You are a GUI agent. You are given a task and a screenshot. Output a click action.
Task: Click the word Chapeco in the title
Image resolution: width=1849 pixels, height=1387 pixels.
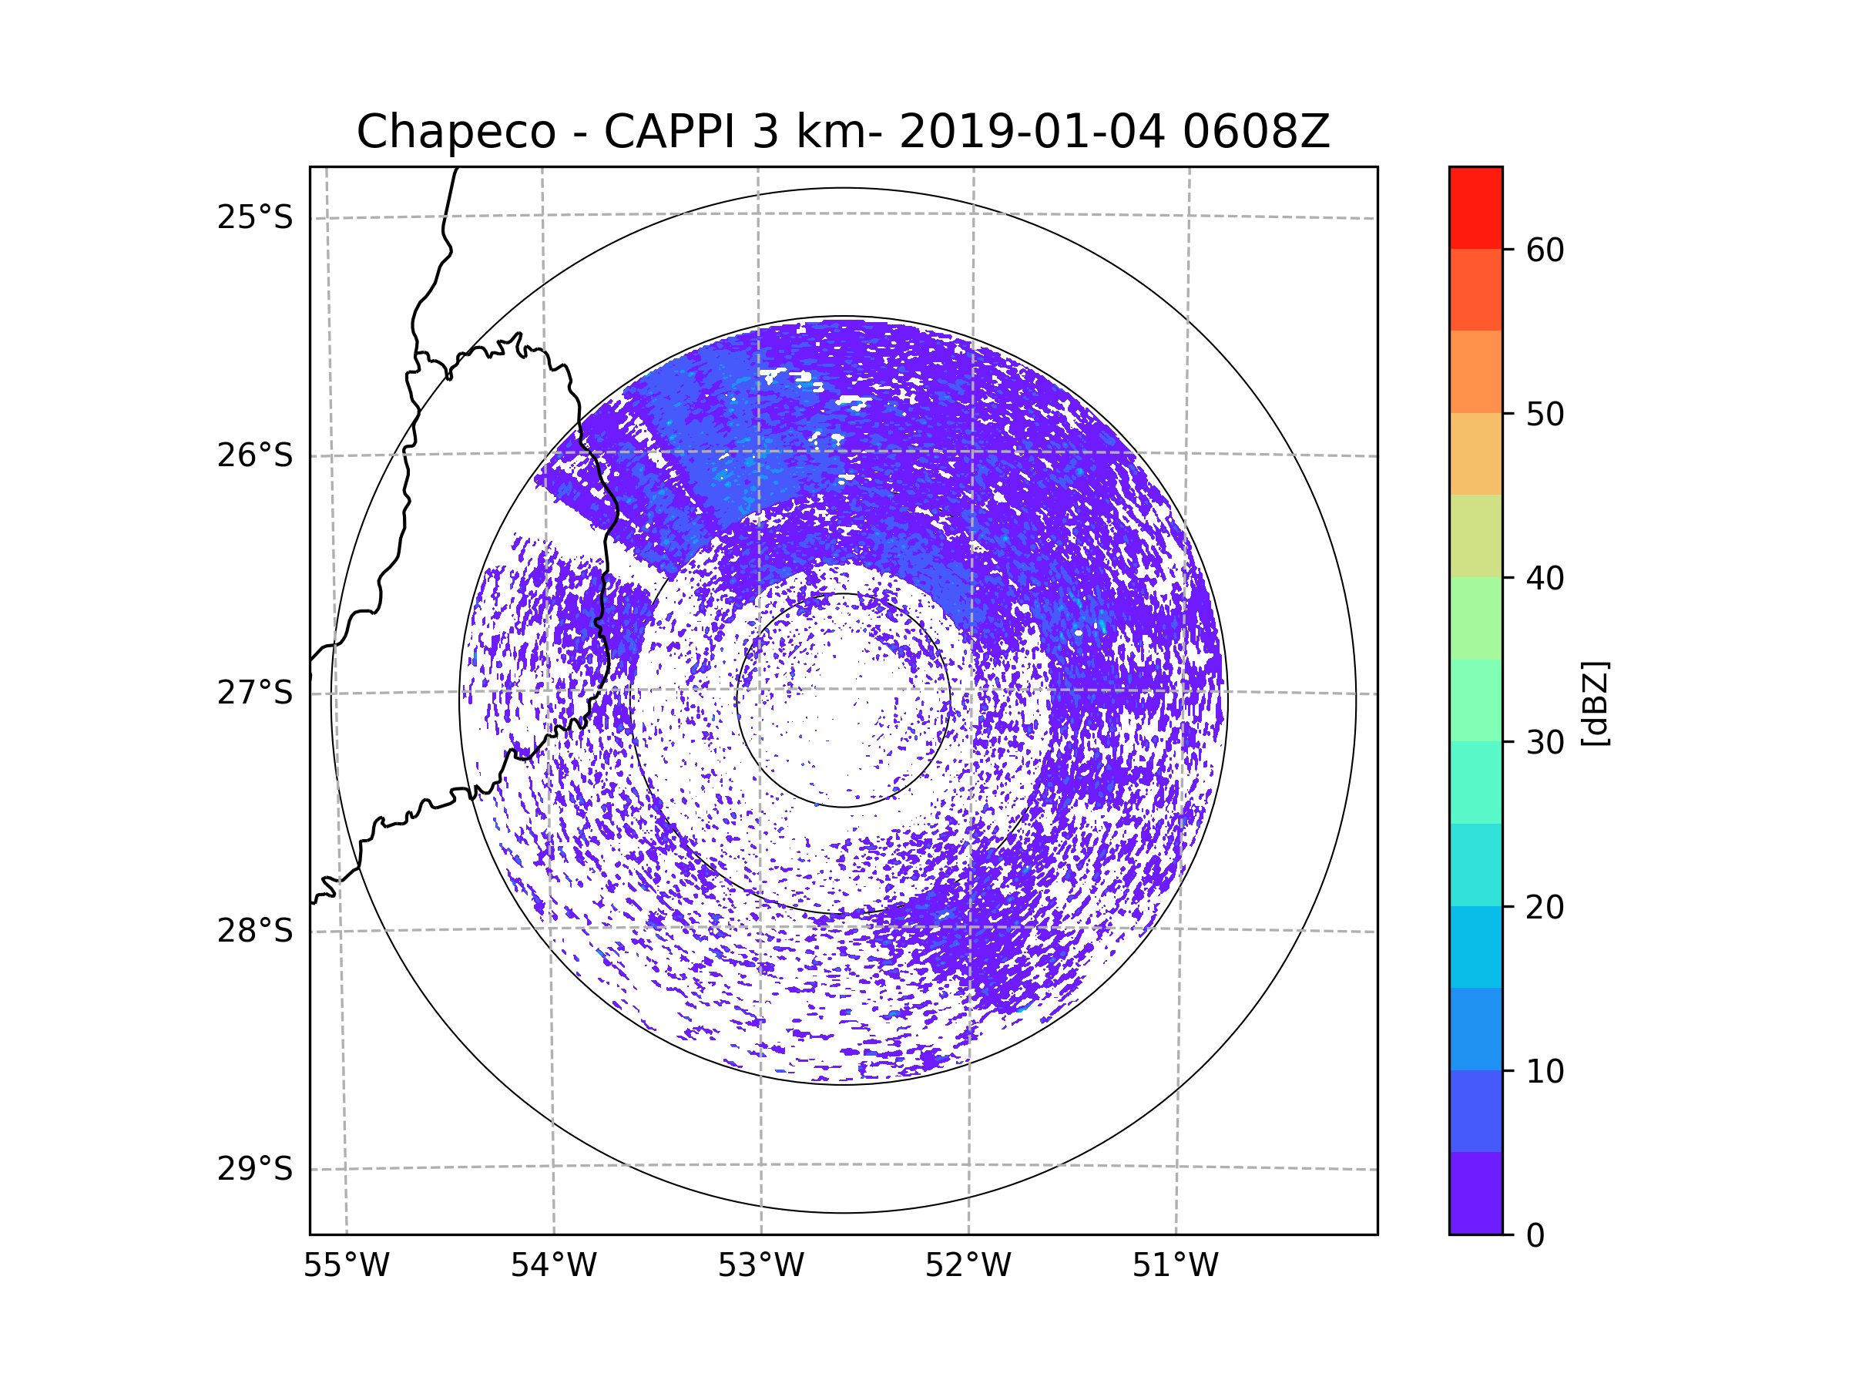pos(455,132)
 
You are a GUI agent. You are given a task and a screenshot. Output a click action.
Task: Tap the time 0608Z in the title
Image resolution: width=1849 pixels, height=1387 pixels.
pos(1255,132)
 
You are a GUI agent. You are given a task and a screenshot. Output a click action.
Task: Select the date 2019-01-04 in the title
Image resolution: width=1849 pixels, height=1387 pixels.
pos(1031,132)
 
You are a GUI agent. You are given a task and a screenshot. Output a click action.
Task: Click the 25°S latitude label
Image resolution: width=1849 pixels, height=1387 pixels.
pos(255,217)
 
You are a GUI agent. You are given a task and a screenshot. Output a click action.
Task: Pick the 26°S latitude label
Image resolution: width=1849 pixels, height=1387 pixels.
pos(255,455)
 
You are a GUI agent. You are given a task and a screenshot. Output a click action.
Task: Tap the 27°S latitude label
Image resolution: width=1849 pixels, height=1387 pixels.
pos(255,693)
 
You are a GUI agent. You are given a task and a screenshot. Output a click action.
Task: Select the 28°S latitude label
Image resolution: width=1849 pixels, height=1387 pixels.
pos(255,931)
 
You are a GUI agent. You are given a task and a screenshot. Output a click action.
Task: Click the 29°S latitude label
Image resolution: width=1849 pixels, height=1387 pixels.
pos(255,1169)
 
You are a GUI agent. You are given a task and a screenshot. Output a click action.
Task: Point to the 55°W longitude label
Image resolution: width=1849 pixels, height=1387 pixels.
pos(346,1266)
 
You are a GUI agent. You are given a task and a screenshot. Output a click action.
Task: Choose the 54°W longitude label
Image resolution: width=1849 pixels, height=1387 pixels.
pos(553,1266)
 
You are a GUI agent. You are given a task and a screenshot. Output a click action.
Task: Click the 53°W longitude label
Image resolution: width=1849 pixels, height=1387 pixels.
pos(760,1266)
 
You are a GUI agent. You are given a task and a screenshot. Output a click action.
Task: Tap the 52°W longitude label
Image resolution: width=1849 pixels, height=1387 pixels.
pos(968,1266)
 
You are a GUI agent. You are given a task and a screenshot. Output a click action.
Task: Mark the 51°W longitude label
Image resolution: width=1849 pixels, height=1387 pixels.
pos(1175,1266)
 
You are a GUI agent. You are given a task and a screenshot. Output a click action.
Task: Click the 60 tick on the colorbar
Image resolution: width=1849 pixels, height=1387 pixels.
pos(1545,250)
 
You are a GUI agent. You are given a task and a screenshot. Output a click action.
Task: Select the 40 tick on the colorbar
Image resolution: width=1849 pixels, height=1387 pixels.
pos(1545,578)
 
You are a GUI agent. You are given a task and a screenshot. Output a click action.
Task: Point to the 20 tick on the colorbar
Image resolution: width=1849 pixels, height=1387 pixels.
pos(1545,907)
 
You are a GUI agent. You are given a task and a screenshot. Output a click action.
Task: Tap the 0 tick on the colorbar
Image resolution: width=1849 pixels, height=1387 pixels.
pos(1535,1236)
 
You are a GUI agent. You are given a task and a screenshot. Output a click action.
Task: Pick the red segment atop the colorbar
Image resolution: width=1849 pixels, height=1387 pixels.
pos(1475,207)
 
